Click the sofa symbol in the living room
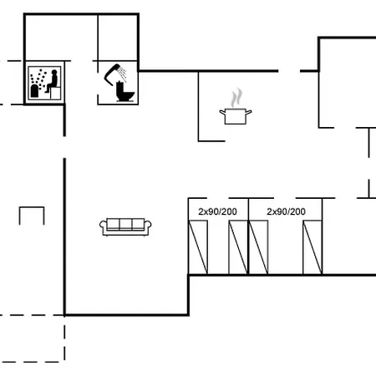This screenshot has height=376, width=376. click(125, 227)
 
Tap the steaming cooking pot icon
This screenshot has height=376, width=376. click(236, 107)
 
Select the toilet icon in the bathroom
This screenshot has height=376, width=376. click(124, 91)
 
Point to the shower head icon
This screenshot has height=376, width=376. click(112, 73)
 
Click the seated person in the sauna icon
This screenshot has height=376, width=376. click(52, 81)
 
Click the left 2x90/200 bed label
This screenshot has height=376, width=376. click(217, 211)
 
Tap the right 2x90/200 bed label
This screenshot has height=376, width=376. click(286, 211)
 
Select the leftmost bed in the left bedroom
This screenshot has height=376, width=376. click(198, 247)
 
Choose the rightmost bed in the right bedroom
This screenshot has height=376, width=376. click(312, 247)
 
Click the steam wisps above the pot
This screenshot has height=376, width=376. click(236, 98)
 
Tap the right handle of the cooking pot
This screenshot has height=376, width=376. click(248, 112)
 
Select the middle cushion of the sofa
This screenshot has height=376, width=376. click(125, 224)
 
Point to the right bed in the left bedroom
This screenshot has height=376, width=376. click(238, 247)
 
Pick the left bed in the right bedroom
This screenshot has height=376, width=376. click(258, 247)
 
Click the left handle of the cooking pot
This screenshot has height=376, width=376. click(222, 113)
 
